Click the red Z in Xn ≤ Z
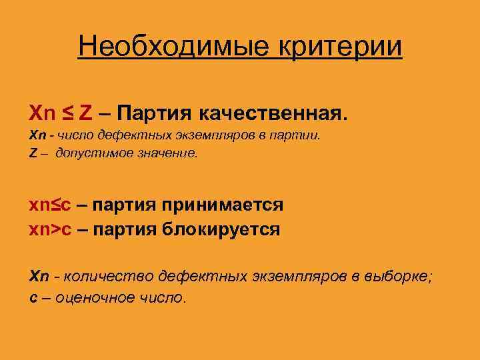(85, 109)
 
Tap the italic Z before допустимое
(33, 153)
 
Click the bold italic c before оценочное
(33, 298)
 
